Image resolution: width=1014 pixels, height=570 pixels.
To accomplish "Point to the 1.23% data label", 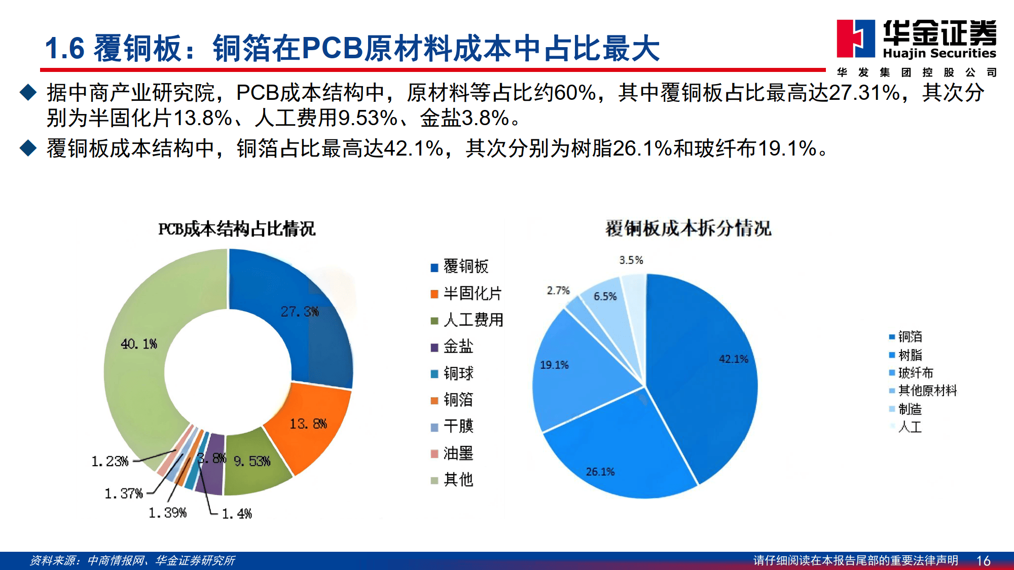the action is tap(110, 461).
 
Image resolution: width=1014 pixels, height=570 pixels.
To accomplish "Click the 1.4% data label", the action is tap(237, 514).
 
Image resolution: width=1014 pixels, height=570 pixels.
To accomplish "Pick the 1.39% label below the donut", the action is tap(167, 513).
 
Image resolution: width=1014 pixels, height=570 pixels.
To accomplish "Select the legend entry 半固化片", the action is tap(466, 293).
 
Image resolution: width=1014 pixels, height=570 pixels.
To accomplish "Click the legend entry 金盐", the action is tap(452, 347).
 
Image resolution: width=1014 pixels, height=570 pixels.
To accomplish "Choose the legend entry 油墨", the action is tap(452, 453).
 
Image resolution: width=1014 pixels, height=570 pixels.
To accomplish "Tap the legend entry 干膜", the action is tap(452, 426).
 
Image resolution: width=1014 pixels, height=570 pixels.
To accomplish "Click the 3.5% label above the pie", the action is tap(631, 260).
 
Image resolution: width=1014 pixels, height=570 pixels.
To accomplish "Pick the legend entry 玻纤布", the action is tap(911, 373).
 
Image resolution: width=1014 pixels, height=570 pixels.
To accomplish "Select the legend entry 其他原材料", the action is tap(923, 391).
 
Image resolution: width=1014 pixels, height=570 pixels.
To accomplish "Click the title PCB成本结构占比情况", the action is tap(237, 229).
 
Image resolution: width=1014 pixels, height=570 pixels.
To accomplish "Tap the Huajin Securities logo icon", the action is tap(856, 39).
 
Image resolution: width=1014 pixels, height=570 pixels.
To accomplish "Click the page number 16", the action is tap(983, 561).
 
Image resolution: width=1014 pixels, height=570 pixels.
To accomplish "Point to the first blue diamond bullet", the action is tap(28, 92).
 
